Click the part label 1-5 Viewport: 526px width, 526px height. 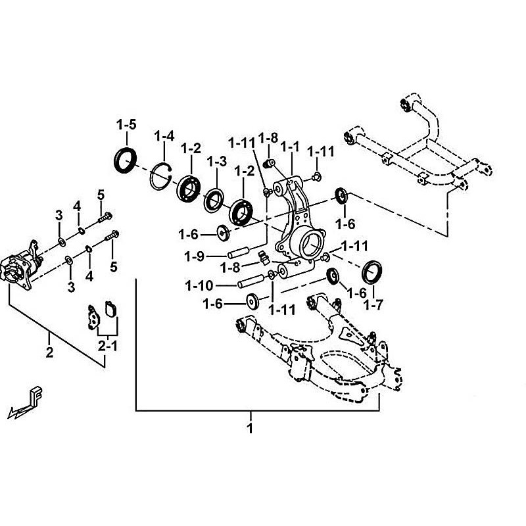[x=126, y=124]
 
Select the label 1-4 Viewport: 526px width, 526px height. [x=164, y=136]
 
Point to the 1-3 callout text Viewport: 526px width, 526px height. [x=216, y=161]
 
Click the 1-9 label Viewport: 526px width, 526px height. [x=195, y=255]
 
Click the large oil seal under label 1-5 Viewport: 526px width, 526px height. [x=125, y=161]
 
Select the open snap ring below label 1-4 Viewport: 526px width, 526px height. [x=160, y=177]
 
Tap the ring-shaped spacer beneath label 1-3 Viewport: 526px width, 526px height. [x=214, y=199]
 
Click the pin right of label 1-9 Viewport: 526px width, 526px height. [x=238, y=252]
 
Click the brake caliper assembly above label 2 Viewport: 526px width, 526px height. [x=21, y=270]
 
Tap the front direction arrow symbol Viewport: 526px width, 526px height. [x=26, y=402]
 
